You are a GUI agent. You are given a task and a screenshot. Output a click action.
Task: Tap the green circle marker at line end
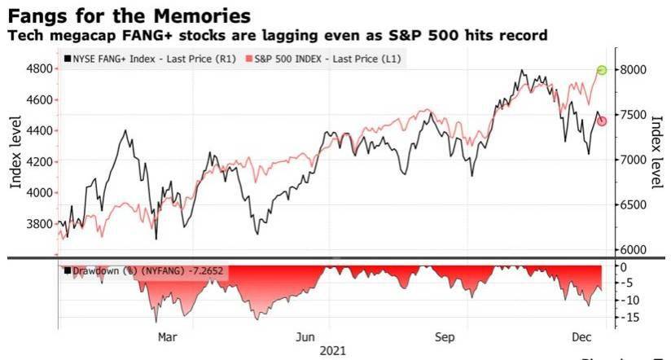click(603, 71)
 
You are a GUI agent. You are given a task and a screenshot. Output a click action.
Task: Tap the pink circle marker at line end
click(603, 121)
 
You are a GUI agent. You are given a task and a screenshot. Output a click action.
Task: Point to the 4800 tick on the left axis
click(37, 69)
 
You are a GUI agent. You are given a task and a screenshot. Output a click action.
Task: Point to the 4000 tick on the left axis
click(37, 193)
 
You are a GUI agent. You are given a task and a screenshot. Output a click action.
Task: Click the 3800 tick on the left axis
click(37, 224)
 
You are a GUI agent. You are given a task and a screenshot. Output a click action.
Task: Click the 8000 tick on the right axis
click(635, 71)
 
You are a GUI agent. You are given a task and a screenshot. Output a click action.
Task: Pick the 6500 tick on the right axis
click(635, 205)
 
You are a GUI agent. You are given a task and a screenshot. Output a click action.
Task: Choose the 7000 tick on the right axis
click(635, 160)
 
